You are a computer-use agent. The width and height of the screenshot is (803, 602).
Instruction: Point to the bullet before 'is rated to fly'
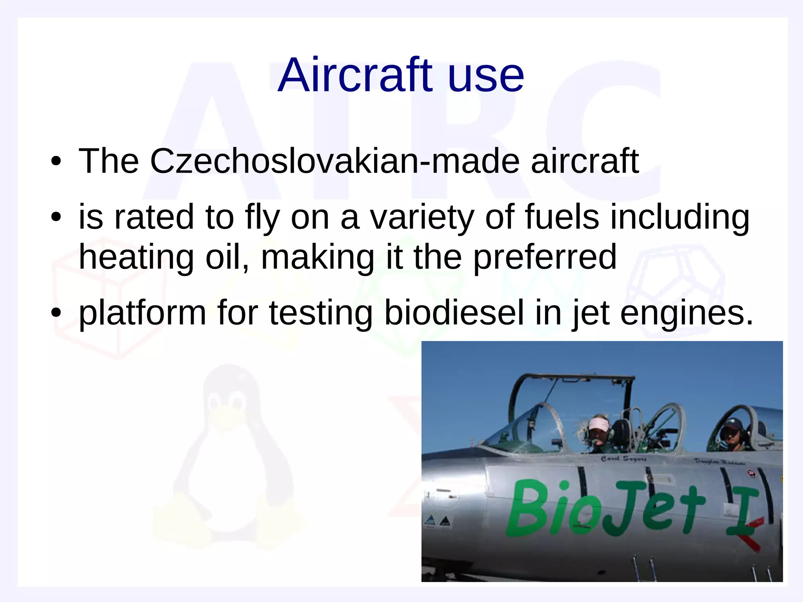(56, 217)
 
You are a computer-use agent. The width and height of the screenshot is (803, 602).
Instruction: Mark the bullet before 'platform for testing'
(56, 313)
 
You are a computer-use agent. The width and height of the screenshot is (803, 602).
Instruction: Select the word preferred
(545, 258)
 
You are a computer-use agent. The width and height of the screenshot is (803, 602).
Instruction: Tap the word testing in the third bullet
(320, 314)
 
